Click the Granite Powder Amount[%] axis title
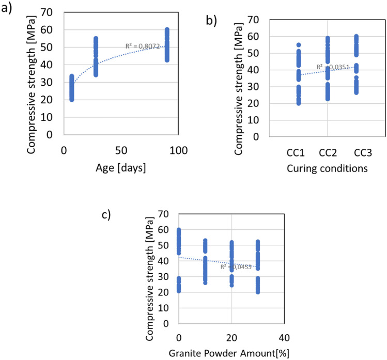[230, 353]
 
